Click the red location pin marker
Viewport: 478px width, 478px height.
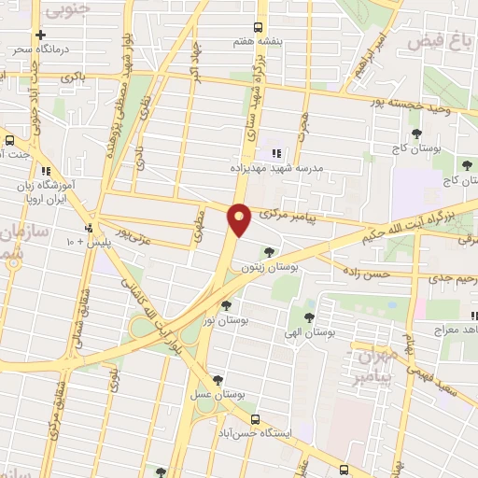[x=241, y=219]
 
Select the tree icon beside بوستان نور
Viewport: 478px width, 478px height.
[x=227, y=304]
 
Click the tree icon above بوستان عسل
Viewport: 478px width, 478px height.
[x=218, y=381]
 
